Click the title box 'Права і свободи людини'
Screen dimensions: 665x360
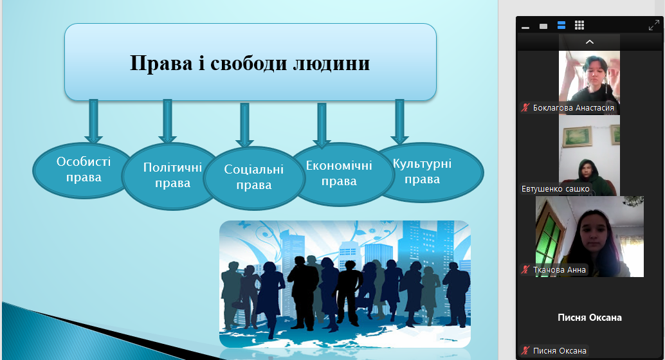[250, 62]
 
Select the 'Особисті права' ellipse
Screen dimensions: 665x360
[83, 170]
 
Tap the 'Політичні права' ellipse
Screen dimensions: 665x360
[172, 176]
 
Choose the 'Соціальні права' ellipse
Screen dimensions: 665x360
[253, 178]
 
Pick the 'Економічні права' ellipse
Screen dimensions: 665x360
[340, 174]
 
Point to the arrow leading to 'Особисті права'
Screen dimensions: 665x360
[93, 122]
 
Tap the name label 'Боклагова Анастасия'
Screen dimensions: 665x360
[574, 108]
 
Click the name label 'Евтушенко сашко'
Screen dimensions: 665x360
[555, 189]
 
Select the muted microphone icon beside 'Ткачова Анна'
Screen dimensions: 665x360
[526, 269]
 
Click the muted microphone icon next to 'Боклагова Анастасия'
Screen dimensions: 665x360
[526, 108]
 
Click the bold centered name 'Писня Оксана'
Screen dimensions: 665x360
[590, 318]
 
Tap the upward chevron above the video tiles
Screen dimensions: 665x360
[590, 42]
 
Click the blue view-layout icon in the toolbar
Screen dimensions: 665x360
[561, 26]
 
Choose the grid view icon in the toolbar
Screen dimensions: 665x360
[579, 26]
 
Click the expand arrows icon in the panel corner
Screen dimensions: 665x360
[654, 26]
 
